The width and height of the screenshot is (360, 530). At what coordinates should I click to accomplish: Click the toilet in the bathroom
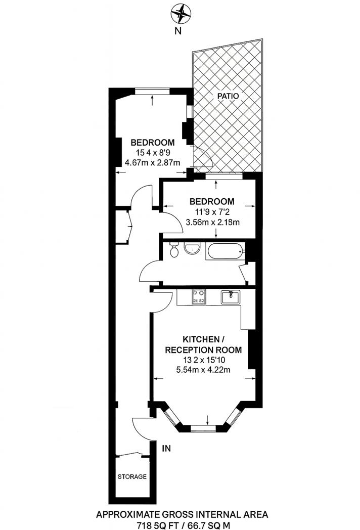pos(174,250)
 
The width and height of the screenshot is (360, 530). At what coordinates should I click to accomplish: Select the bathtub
pos(224,251)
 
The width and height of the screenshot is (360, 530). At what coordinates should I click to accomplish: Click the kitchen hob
pos(198,297)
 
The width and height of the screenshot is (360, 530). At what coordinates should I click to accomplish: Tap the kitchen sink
pos(233,297)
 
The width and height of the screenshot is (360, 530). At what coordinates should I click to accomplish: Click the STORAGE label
pos(132,476)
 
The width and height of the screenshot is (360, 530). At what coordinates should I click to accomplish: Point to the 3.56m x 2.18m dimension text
pos(212,222)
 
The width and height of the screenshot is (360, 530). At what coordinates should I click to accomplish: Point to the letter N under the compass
pos(177,30)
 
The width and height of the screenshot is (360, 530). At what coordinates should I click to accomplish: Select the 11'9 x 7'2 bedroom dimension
pos(212,212)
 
